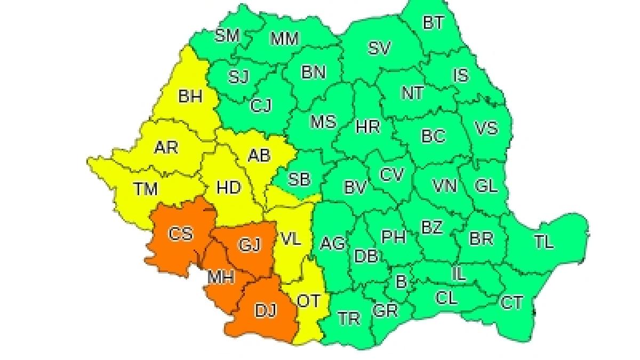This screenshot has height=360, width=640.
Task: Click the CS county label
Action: coord(180,234)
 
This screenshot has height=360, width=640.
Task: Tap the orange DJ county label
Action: coord(265,310)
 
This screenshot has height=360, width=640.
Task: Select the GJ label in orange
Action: coord(249,245)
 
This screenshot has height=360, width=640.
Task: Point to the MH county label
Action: coord(221,277)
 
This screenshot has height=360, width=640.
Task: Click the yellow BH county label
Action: coord(190,97)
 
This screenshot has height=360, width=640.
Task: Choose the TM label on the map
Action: coord(146,188)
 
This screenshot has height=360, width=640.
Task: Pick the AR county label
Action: coord(166,147)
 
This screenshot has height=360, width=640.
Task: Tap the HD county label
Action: coord(228,188)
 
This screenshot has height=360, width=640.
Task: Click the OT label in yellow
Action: coord(308,301)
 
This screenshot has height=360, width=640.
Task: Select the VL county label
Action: coord(291,239)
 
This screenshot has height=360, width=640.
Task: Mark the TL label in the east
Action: coord(543,242)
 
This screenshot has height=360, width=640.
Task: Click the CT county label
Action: coord(511,302)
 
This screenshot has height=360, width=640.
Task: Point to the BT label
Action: coord(433,23)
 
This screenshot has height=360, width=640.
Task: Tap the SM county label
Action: coord(227,36)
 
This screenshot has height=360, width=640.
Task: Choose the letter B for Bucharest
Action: coord(401,281)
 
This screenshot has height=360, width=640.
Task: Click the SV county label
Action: coord(379,49)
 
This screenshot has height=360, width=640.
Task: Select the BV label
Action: coord(355,187)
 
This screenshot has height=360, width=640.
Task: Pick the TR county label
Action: coord(349,318)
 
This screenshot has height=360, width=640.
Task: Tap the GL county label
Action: coord(485,186)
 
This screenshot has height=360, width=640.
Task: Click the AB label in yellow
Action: coord(260,155)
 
